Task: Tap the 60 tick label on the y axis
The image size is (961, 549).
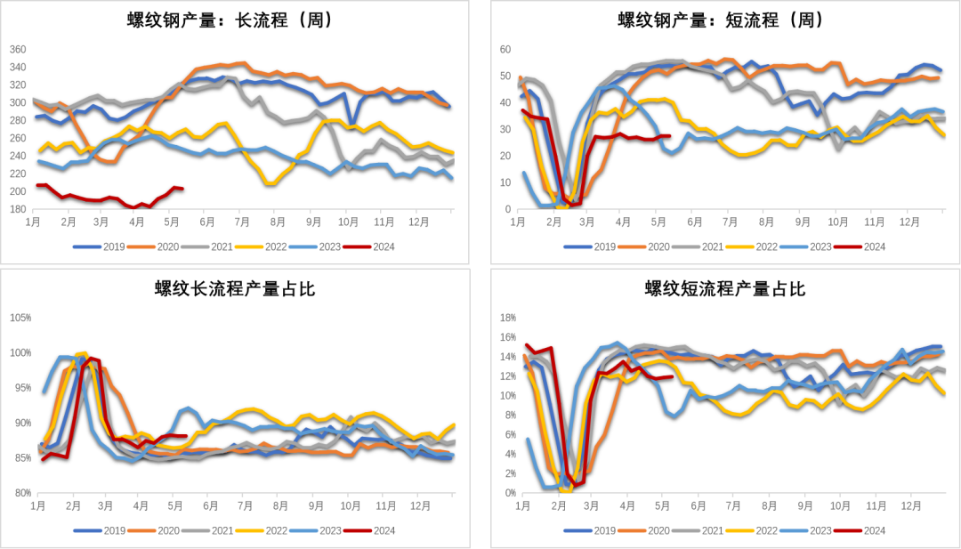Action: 505,49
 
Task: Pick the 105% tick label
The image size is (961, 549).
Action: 19,317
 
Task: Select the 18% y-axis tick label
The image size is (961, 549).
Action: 507,317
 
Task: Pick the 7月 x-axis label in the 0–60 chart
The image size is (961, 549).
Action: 730,221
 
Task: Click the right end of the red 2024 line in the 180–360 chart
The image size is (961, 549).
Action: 182,188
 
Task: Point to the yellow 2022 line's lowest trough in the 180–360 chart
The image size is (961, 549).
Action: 270,183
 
